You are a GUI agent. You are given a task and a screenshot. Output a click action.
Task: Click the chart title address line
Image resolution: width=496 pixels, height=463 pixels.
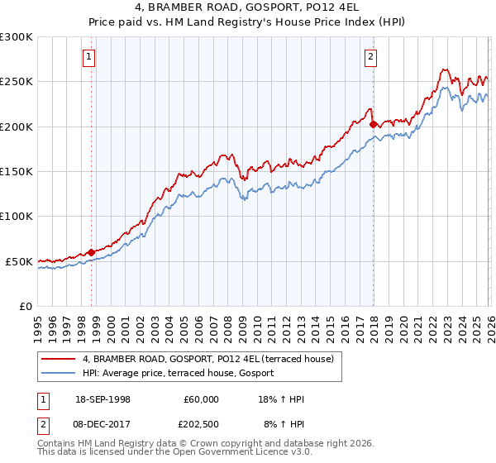[248, 8]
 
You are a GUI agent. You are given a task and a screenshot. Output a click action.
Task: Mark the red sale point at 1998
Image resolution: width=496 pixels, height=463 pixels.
[91, 252]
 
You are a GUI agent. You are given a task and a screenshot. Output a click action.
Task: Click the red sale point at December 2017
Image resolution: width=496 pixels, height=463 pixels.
[373, 125]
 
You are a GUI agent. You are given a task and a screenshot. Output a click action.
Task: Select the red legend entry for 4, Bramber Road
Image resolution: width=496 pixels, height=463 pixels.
[207, 359]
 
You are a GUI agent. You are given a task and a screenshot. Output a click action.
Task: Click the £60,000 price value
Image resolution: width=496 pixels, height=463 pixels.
[201, 399]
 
